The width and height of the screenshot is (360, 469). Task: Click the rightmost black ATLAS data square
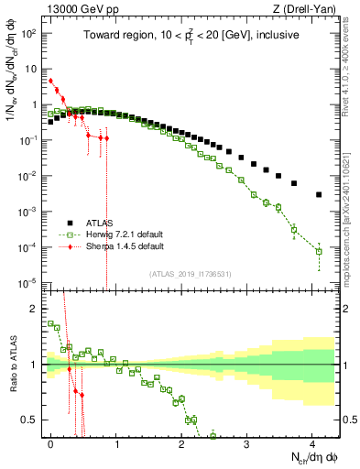point(318,194)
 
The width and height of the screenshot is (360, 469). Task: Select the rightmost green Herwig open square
point(319,251)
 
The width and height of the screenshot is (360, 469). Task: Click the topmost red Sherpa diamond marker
point(51,81)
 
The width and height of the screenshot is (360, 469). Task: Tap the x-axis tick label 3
point(246,442)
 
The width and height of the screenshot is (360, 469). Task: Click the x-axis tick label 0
point(51,442)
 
